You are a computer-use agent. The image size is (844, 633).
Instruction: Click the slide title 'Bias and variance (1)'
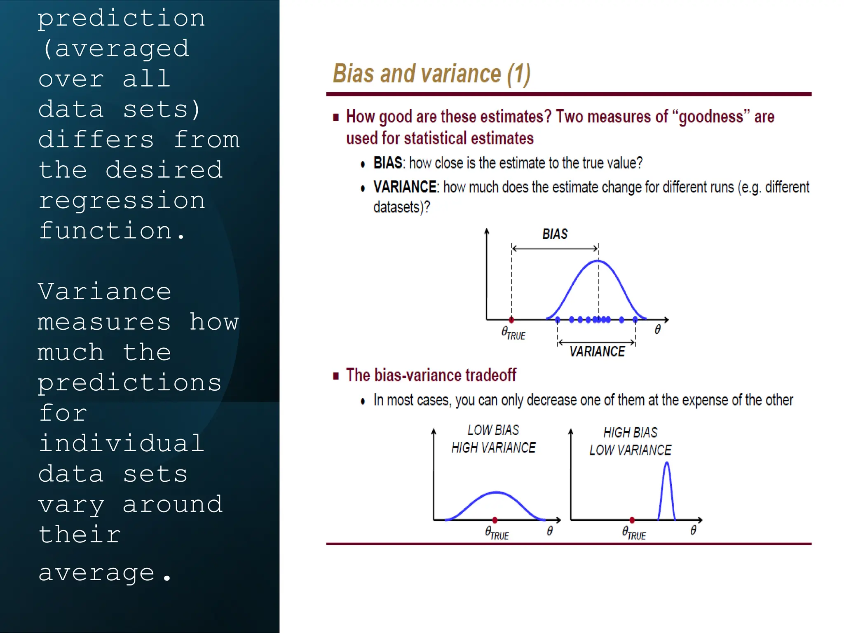(x=431, y=74)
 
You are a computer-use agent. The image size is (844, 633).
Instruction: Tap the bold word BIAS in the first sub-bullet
(x=387, y=163)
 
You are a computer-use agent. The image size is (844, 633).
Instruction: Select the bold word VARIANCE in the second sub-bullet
(x=405, y=187)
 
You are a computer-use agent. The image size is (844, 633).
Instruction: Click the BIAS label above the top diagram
(x=555, y=234)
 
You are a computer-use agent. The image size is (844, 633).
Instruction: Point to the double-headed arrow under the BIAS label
(x=555, y=249)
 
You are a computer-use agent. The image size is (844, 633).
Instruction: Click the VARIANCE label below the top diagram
(x=597, y=352)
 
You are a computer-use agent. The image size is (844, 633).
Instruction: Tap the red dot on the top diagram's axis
(x=511, y=319)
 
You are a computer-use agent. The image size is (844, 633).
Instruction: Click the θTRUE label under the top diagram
(x=513, y=333)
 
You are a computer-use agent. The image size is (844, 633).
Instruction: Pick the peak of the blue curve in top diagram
(x=598, y=261)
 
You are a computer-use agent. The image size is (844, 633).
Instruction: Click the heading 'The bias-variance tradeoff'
(x=431, y=375)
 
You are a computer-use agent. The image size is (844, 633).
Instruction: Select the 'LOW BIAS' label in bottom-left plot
(x=493, y=430)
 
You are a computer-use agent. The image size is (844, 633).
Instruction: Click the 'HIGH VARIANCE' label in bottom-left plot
(x=493, y=448)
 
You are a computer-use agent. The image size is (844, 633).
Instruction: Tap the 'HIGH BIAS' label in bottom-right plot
(x=630, y=432)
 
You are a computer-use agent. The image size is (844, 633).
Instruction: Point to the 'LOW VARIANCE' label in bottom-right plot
(x=630, y=450)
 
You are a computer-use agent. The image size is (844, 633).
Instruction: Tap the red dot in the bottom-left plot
(x=495, y=520)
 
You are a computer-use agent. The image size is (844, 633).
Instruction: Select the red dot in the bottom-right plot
(x=632, y=520)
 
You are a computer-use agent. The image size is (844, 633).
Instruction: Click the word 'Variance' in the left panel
(x=105, y=292)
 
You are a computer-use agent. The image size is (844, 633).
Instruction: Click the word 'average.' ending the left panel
(x=105, y=573)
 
